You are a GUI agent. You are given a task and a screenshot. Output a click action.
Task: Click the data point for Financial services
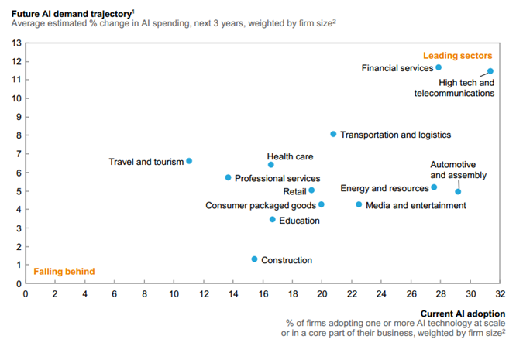coord(439,67)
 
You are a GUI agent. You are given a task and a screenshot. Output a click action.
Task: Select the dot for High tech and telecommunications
coord(490,71)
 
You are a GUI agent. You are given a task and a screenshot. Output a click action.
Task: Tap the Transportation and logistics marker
coord(333,134)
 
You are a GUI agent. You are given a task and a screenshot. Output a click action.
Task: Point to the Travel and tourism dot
coord(189,161)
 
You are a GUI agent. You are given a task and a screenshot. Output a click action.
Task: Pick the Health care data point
coord(270,165)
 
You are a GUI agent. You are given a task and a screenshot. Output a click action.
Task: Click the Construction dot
coord(254,259)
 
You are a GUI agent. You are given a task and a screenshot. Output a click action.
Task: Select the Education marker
coord(272,220)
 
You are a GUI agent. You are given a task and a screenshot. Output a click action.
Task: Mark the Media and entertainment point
coord(359,204)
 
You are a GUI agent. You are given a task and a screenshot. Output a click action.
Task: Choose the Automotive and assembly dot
coord(458,191)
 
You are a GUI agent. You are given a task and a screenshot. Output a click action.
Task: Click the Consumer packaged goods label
coord(260,205)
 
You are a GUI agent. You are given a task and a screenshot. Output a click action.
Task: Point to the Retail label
coord(294,190)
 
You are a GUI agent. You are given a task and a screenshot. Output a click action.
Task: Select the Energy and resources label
coord(384,188)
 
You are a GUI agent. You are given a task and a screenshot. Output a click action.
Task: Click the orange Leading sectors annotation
coord(458,56)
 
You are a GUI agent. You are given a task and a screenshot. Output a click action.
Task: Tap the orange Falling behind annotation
coord(64,272)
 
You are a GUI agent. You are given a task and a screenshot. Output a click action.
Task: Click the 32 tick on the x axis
coord(501,294)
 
